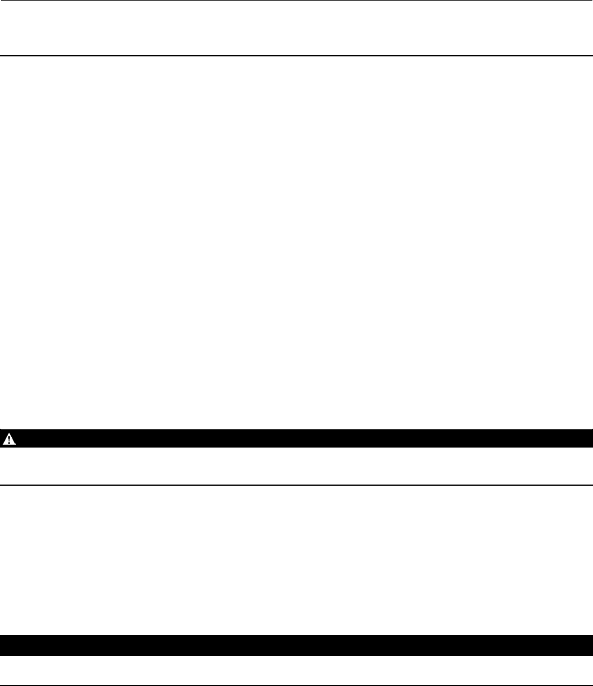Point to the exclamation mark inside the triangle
9,439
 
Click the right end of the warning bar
589,439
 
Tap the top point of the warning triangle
9,434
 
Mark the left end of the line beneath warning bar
2,485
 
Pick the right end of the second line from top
591,56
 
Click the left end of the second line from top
2,56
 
